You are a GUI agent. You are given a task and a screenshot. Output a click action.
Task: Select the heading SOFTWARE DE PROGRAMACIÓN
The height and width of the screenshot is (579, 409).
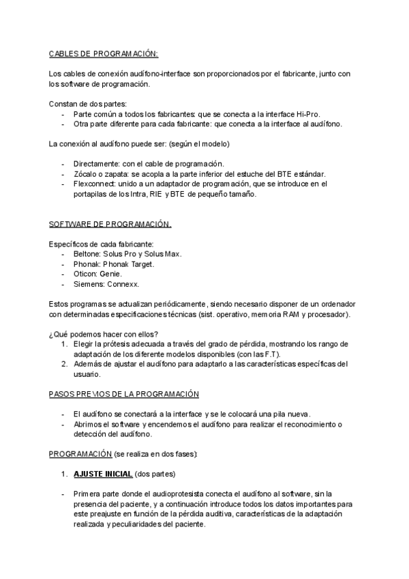[x=110, y=224]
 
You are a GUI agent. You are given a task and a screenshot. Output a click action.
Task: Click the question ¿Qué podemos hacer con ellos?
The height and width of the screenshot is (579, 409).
[x=104, y=333]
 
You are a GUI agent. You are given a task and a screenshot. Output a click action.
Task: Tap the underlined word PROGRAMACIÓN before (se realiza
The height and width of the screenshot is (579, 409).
[x=80, y=453]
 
